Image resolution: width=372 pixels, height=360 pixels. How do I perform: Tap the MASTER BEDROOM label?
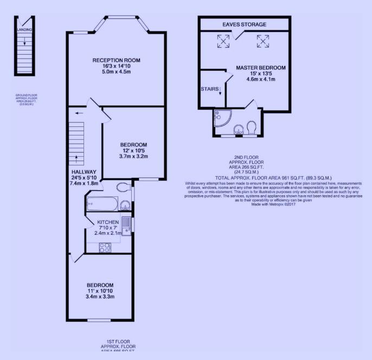[x=261, y=68]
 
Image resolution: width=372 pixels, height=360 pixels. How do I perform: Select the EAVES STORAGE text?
[x=244, y=24]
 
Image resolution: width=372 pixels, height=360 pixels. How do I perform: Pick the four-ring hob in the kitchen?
[x=103, y=247]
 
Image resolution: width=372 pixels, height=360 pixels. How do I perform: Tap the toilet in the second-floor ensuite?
[x=251, y=127]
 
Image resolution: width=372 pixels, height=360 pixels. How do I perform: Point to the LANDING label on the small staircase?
[x=24, y=30]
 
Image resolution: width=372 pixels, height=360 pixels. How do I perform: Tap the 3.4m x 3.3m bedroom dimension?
[x=100, y=297]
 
